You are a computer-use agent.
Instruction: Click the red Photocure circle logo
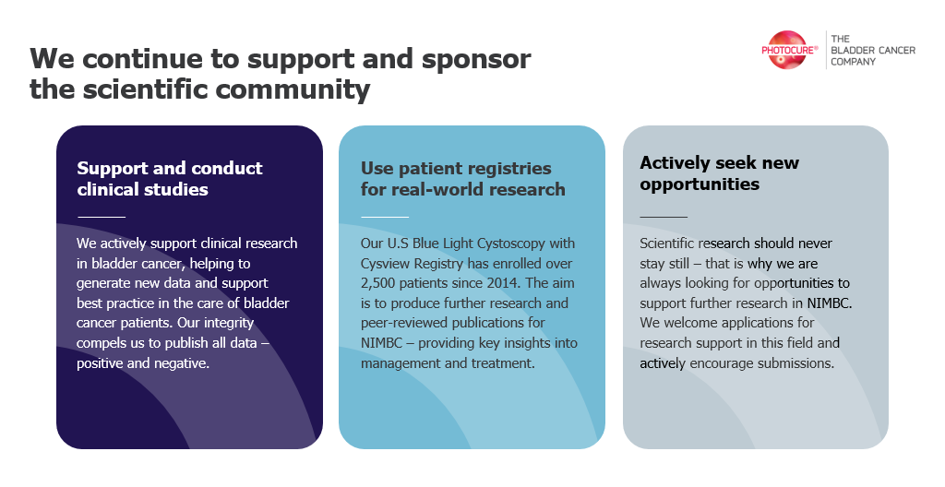click(786, 50)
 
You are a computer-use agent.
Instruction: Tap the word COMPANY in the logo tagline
click(853, 62)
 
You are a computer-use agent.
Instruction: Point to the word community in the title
click(293, 89)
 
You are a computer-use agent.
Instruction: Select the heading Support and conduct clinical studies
click(170, 178)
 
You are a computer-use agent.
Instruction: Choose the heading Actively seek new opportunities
click(719, 173)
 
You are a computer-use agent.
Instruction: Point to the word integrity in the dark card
click(229, 323)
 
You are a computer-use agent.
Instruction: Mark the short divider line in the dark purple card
click(102, 217)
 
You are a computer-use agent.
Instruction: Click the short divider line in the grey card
click(664, 217)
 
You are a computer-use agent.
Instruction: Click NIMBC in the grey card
click(829, 303)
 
